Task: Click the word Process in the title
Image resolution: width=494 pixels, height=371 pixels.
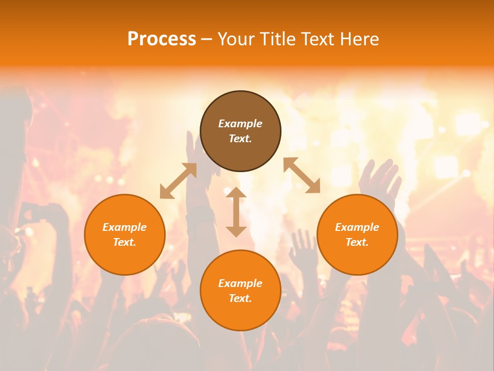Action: pyautogui.click(x=162, y=39)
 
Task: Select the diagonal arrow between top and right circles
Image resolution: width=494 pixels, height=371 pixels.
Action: pyautogui.click(x=302, y=176)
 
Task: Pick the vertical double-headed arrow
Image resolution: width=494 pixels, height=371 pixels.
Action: pyautogui.click(x=236, y=212)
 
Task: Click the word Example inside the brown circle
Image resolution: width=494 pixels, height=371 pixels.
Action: pyautogui.click(x=240, y=124)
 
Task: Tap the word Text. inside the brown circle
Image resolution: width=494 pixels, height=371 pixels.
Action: pyautogui.click(x=240, y=139)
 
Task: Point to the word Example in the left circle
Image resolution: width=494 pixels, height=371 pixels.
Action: pyautogui.click(x=125, y=227)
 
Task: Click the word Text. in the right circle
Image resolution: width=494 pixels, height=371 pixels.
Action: pyautogui.click(x=357, y=242)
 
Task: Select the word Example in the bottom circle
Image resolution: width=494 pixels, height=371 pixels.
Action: pyautogui.click(x=240, y=283)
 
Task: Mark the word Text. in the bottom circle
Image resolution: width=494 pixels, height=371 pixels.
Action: pyautogui.click(x=240, y=298)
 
